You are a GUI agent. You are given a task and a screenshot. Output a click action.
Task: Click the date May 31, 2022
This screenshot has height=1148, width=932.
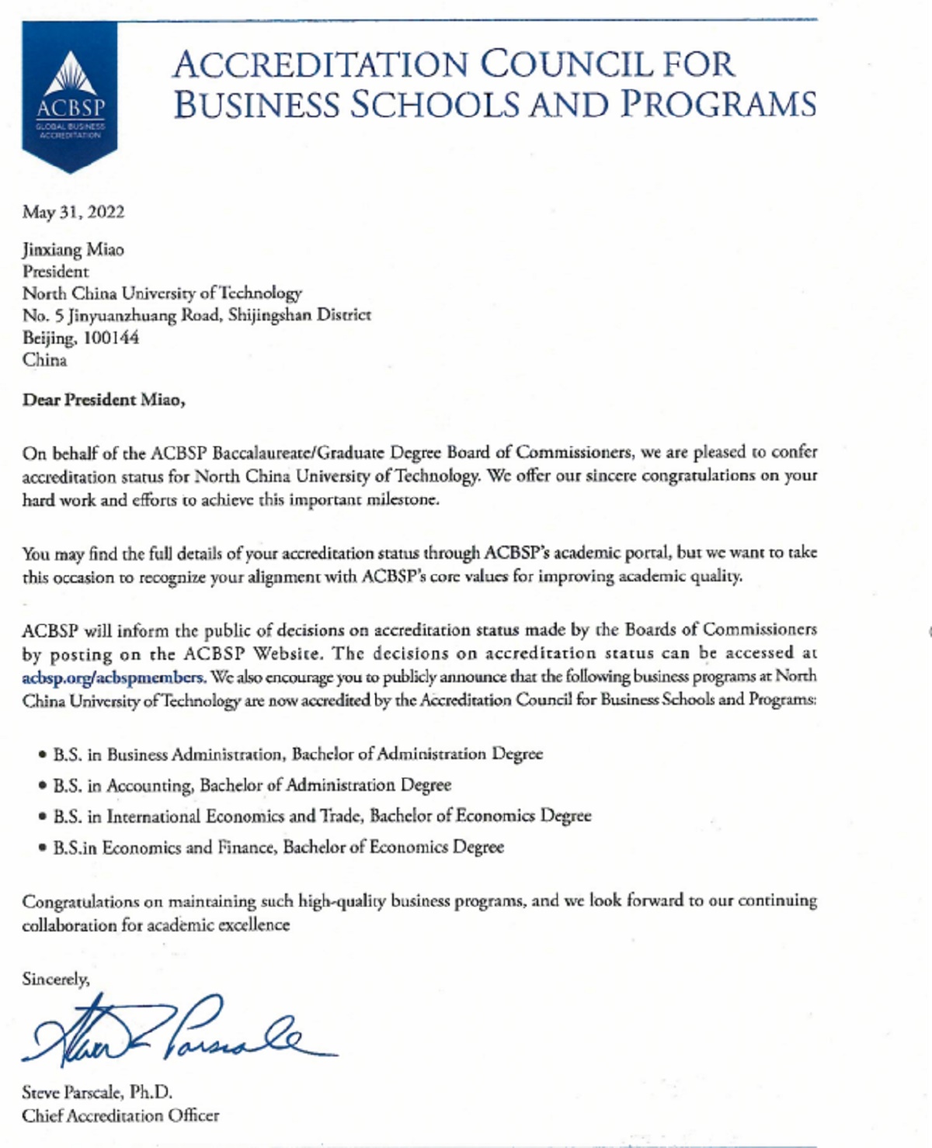point(73,212)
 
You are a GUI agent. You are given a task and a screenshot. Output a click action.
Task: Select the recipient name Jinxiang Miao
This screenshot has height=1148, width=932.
point(73,250)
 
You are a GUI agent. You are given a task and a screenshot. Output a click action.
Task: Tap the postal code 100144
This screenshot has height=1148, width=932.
point(111,338)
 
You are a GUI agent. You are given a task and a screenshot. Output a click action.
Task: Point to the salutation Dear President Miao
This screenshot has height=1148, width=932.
point(103,400)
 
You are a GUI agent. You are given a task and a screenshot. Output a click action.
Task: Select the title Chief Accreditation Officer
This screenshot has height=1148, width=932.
point(120,1115)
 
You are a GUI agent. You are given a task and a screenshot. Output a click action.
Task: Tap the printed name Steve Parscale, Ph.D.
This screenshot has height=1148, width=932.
point(97,1092)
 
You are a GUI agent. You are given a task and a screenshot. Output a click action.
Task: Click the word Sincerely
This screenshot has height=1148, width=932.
point(56,979)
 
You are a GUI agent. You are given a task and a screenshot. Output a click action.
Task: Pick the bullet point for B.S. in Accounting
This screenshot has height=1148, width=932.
point(43,786)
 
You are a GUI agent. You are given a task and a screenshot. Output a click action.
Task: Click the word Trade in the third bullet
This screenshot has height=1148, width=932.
point(341,816)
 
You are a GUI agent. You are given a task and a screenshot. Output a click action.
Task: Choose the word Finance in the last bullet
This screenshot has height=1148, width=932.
point(246,847)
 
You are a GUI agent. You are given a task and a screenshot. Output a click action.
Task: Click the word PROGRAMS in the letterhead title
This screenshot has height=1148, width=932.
point(718,105)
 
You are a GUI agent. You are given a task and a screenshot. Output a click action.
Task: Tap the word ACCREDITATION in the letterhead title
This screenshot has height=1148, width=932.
point(320,64)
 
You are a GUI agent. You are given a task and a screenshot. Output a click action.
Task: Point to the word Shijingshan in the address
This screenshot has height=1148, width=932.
point(270,315)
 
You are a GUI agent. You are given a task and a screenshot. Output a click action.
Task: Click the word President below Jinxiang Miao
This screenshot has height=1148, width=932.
point(56,272)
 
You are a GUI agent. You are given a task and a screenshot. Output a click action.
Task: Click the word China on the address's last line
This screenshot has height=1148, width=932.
point(45,360)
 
